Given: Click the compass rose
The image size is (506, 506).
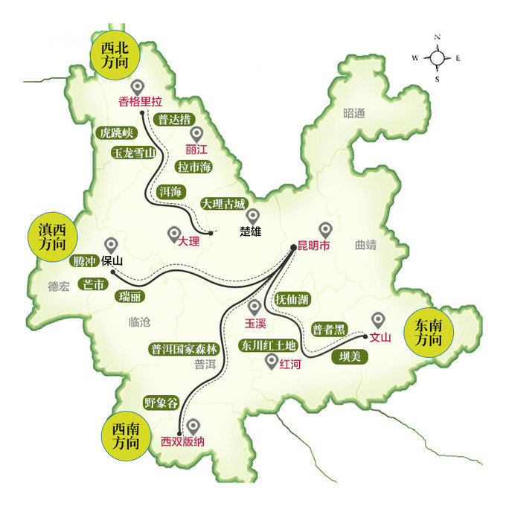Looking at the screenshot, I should pyautogui.click(x=437, y=57).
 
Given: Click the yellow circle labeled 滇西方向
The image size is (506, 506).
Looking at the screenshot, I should pyautogui.click(x=52, y=237).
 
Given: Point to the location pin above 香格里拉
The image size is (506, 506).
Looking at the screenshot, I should pyautogui.click(x=137, y=87).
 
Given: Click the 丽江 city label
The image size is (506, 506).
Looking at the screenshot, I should pyautogui.click(x=196, y=149).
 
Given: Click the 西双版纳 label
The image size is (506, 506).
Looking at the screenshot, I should pyautogui.click(x=182, y=441).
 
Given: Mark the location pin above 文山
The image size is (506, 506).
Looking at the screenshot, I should pyautogui.click(x=379, y=320).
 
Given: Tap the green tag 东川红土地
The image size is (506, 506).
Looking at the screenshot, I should pyautogui.click(x=267, y=345).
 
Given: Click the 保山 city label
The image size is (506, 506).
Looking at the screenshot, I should pyautogui.click(x=112, y=261).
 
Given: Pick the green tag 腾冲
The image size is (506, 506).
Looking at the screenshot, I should pyautogui.click(x=82, y=261).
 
